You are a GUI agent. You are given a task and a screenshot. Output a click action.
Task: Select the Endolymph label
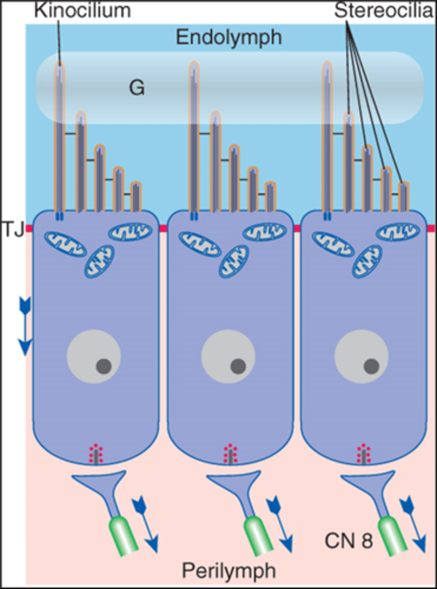229,38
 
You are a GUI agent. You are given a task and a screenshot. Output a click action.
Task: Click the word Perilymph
229,570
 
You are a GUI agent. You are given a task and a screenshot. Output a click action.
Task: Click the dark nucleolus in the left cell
104,366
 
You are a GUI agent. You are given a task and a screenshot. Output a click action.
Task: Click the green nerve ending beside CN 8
392,536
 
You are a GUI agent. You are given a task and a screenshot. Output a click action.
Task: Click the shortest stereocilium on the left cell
136,195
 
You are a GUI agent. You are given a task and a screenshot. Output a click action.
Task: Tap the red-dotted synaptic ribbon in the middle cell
229,454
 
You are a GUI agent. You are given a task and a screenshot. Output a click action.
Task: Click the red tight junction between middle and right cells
297,228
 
